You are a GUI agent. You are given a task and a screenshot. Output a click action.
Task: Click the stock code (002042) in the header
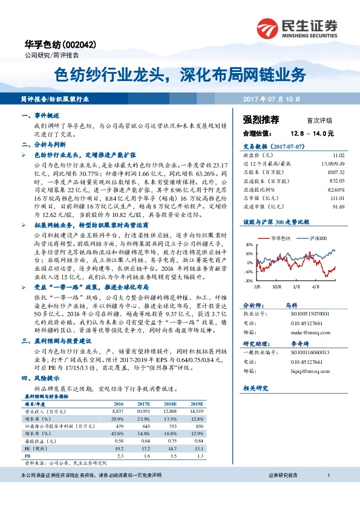[x=78, y=45]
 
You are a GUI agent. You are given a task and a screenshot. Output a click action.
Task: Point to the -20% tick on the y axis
[x=248, y=281]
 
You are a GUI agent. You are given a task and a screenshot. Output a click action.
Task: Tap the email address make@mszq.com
[x=291, y=332]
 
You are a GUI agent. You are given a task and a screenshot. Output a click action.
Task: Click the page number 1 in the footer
[x=327, y=493]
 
